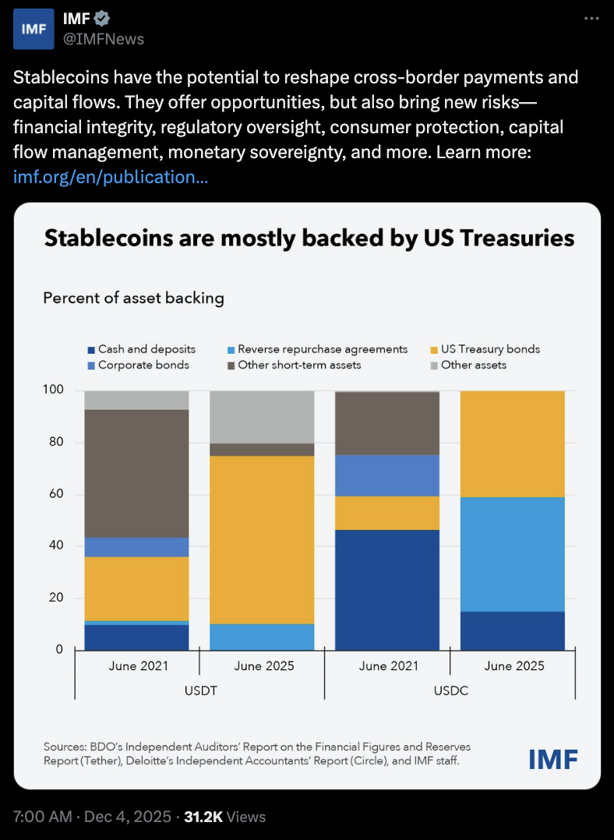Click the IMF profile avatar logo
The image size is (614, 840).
34,29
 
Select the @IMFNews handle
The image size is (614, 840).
103,38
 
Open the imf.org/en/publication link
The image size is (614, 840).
111,177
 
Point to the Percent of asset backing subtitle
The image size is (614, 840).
133,298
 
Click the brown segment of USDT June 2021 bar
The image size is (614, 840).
137,473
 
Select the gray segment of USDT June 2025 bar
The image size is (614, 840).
263,416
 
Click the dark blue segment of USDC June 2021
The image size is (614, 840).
387,589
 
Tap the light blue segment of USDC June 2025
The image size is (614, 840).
513,553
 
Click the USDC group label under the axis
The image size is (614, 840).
450,690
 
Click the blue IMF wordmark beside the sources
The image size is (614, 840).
552,759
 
